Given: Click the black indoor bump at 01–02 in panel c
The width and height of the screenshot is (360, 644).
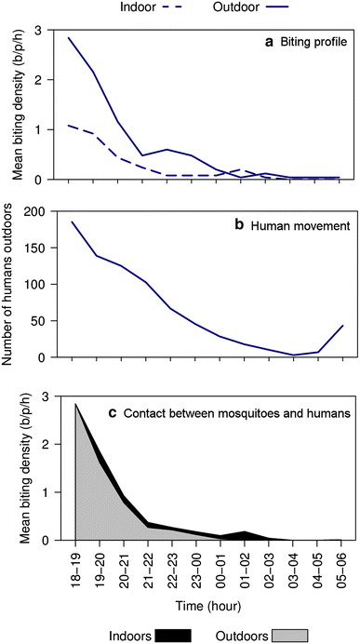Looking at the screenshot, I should pyautogui.click(x=244, y=533).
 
